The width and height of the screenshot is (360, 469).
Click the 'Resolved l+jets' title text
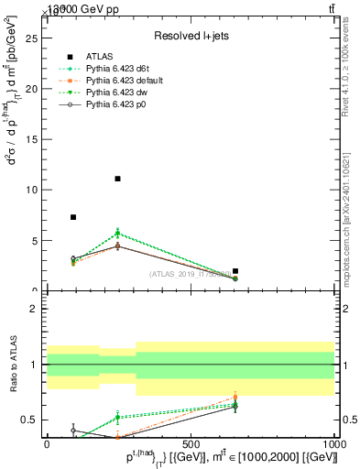190,36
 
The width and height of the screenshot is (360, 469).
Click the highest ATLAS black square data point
117,179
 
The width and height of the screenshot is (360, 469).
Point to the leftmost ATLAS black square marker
73,217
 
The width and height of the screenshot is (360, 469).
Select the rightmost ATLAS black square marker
235,271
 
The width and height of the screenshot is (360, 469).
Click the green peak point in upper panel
117,233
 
